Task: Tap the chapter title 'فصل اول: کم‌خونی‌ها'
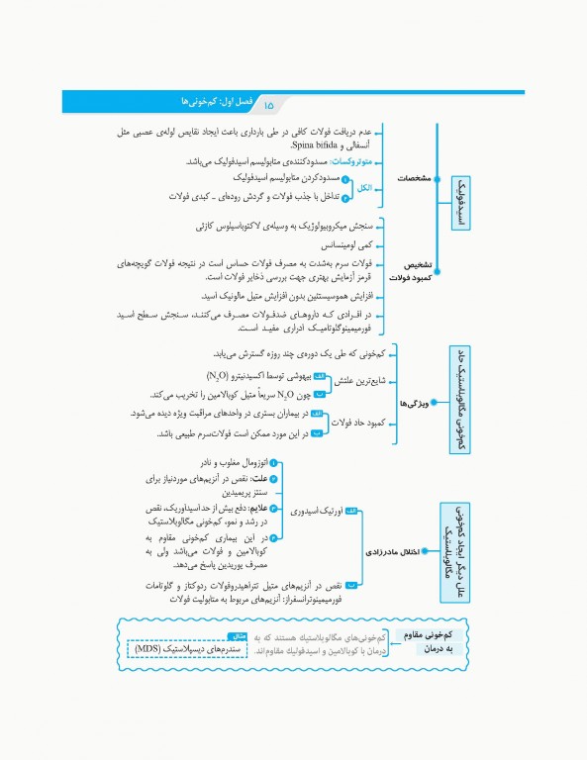click(x=212, y=102)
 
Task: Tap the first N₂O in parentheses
click(x=220, y=375)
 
